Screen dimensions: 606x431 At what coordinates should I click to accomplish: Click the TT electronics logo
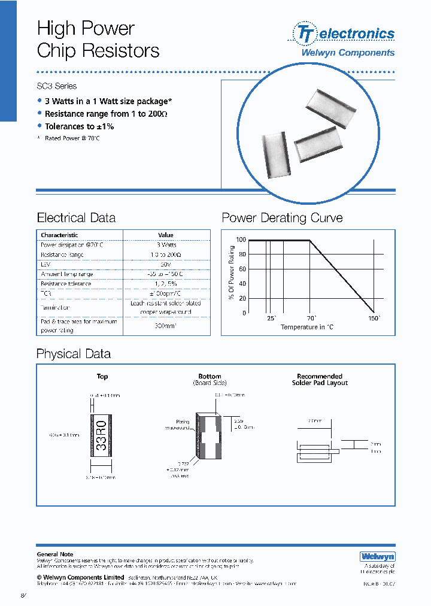[343, 34]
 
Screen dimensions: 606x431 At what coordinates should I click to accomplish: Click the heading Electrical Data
[76, 218]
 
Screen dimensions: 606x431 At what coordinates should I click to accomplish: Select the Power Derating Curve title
[282, 218]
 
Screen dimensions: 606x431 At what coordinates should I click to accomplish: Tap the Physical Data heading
[74, 354]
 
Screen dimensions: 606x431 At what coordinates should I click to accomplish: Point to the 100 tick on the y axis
[241, 240]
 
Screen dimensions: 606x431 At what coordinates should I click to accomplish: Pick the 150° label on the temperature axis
[374, 319]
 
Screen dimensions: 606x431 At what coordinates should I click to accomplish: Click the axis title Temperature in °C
[308, 327]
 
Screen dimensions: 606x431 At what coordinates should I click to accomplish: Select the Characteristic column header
[59, 235]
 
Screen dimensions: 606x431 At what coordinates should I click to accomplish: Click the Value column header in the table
[166, 235]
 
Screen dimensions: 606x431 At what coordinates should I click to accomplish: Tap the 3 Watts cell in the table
[166, 245]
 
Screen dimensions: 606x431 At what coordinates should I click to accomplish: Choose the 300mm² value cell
[166, 326]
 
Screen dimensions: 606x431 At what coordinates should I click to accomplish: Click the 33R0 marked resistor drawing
[102, 436]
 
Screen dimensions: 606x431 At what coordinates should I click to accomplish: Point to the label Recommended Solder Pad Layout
[320, 380]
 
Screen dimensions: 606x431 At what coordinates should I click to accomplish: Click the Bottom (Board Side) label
[210, 380]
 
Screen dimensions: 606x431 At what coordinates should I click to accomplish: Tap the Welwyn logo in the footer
[377, 556]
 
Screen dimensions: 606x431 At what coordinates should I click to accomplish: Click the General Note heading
[55, 555]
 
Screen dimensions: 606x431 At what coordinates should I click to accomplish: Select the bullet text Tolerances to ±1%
[79, 126]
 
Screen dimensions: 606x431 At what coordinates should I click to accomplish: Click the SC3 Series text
[57, 86]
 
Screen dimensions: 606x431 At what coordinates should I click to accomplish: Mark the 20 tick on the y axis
[242, 298]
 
